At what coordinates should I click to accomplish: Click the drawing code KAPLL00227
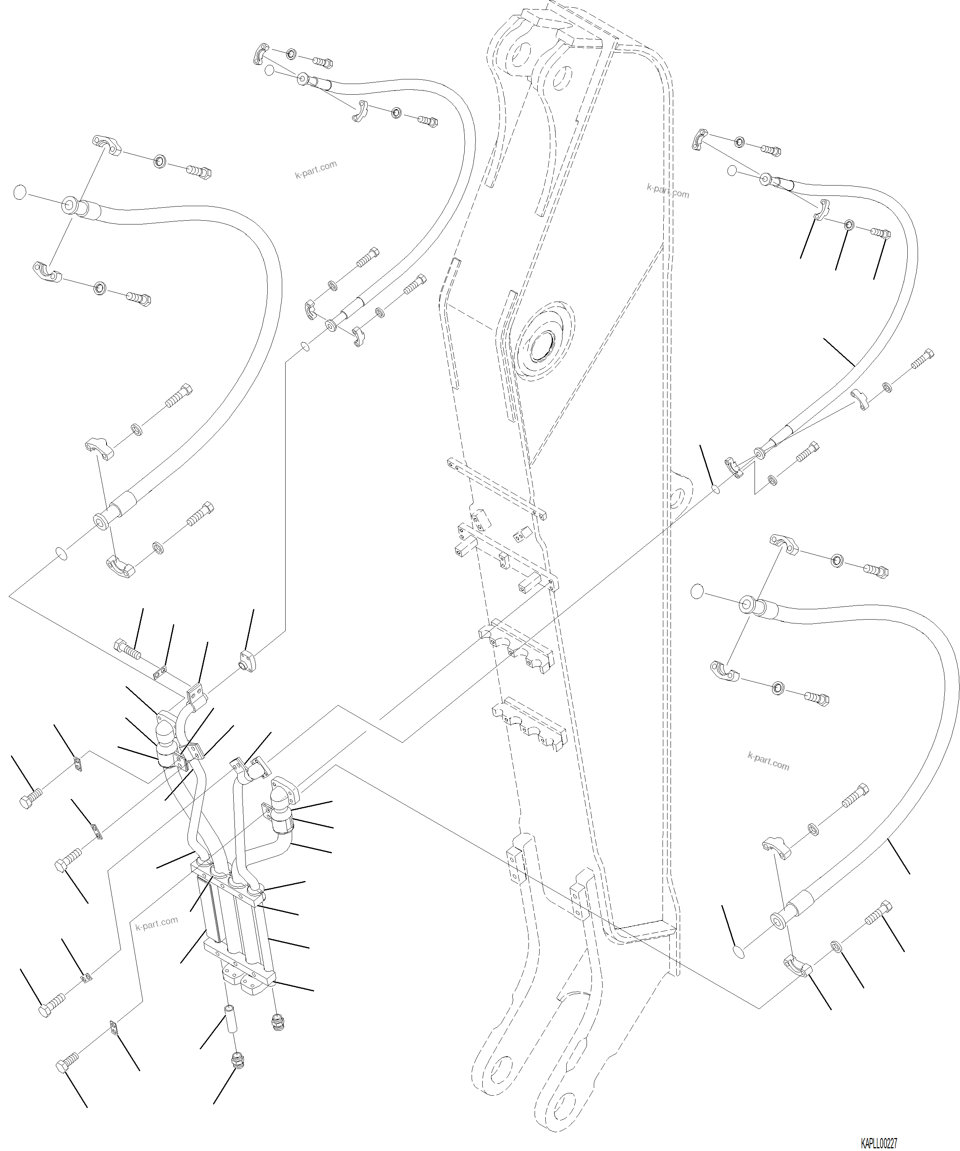pyautogui.click(x=878, y=1143)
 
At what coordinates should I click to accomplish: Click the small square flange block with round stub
pyautogui.click(x=248, y=662)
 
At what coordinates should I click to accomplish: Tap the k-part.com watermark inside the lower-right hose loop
pyautogui.click(x=768, y=762)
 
